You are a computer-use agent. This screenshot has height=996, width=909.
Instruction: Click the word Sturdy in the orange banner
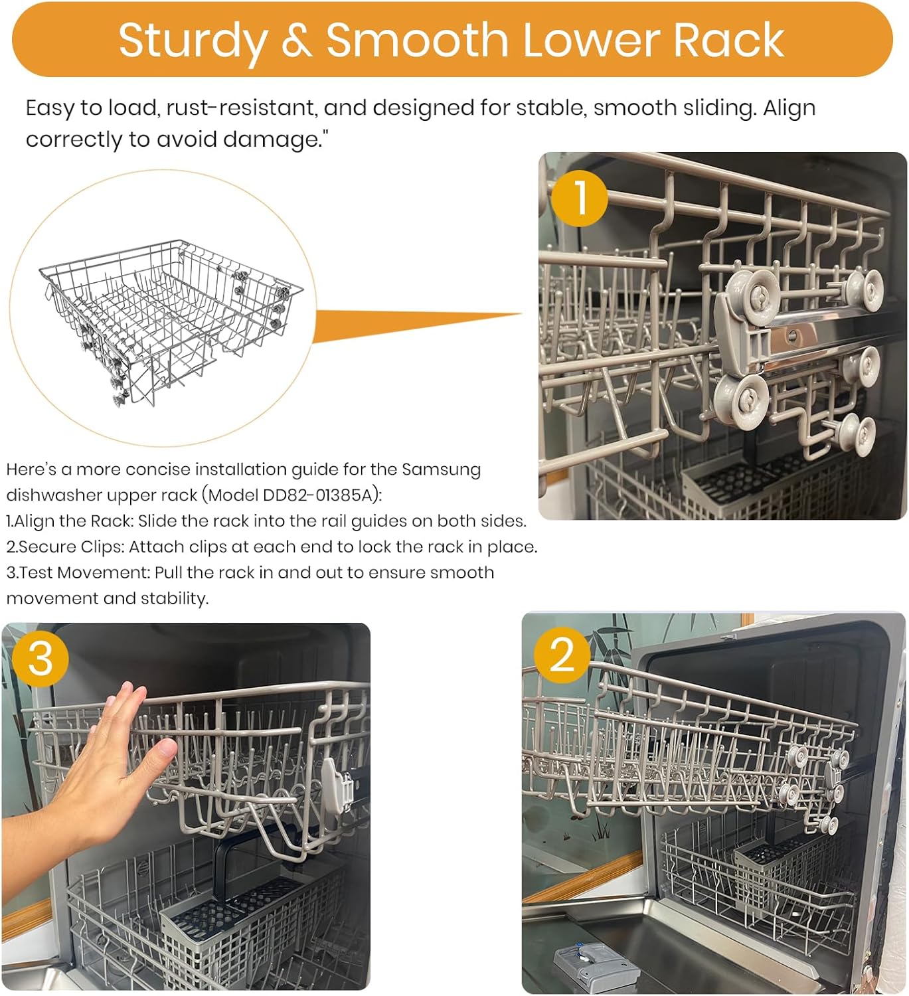click(x=193, y=41)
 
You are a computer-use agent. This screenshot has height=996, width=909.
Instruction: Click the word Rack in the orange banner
click(x=728, y=41)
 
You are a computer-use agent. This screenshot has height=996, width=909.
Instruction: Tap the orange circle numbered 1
click(x=580, y=198)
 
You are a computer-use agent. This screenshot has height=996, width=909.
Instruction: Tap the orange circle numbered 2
click(x=561, y=654)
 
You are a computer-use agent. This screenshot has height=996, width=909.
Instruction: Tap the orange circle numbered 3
click(x=40, y=658)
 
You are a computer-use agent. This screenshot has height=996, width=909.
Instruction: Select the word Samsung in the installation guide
click(x=441, y=469)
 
